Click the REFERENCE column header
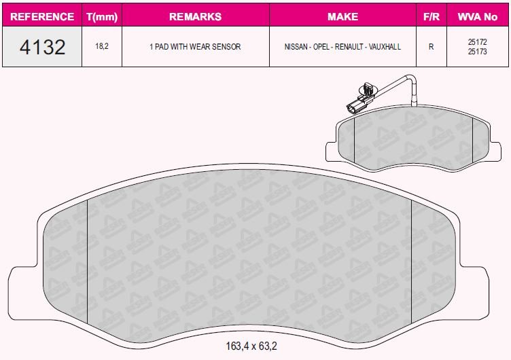tap(42, 16)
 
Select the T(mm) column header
tap(102, 16)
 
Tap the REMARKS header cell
tap(195, 16)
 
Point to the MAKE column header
tap(343, 16)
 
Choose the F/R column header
tap(431, 16)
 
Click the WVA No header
tap(478, 16)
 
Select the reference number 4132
tap(42, 47)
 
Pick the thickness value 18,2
tap(102, 46)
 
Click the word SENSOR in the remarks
tap(226, 47)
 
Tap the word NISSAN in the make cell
tap(296, 47)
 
